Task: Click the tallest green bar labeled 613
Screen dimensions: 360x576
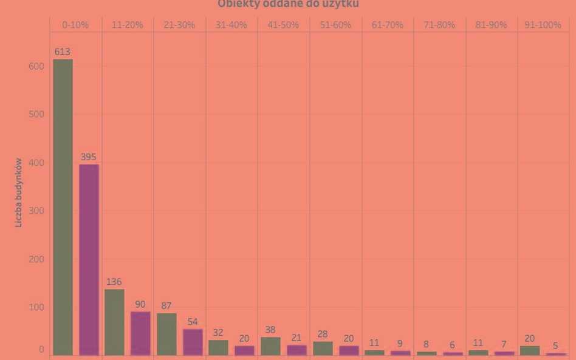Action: (x=63, y=206)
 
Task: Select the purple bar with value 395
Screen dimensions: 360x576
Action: (x=89, y=259)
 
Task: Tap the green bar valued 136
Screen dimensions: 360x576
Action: (x=114, y=322)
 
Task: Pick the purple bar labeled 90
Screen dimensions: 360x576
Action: (x=140, y=333)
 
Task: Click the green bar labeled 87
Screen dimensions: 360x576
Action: (x=166, y=334)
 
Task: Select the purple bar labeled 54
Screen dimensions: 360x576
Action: (x=193, y=342)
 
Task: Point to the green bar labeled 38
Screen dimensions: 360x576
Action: (x=270, y=346)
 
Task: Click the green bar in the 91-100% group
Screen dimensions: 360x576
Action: (x=530, y=350)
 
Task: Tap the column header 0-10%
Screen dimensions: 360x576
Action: (x=75, y=25)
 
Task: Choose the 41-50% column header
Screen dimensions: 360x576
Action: (x=283, y=25)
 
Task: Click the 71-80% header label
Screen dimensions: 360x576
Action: (x=439, y=25)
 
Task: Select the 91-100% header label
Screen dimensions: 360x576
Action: (x=543, y=25)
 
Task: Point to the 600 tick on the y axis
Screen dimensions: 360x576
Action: (x=36, y=66)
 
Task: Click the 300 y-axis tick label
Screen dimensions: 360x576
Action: (x=36, y=211)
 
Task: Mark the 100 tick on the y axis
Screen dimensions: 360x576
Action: (x=36, y=307)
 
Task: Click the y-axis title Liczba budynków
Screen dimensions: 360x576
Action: (x=19, y=192)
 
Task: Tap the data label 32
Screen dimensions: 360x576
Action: (x=218, y=333)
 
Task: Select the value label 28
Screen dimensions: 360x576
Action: (x=322, y=335)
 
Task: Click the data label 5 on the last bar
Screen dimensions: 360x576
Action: (x=555, y=346)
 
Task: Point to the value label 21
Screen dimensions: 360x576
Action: (x=297, y=338)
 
